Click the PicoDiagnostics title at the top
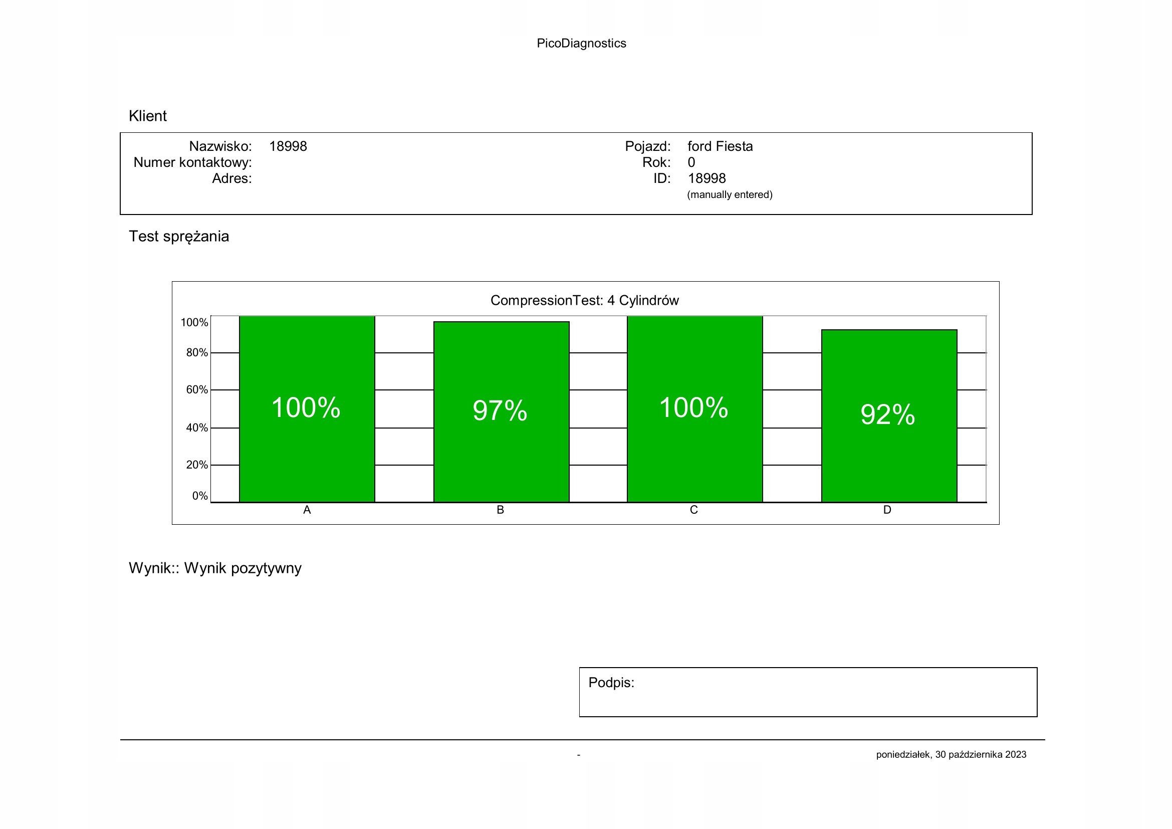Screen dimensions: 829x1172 coord(581,44)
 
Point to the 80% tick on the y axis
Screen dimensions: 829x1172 coord(196,353)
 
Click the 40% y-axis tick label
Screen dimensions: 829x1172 coord(196,428)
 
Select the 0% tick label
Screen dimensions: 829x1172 coord(199,496)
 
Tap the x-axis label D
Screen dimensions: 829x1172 coord(887,510)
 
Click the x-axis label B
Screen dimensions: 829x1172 coord(500,510)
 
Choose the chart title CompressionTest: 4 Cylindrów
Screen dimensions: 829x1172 coord(584,300)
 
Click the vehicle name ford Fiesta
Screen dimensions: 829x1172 coord(720,146)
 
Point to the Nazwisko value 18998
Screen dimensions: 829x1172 coord(288,146)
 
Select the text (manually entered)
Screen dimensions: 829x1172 coord(730,194)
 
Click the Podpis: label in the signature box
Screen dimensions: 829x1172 coord(611,683)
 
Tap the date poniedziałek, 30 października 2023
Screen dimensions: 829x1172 coord(951,754)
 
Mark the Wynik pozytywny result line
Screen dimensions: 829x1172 coord(215,568)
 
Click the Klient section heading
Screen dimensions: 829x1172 coord(147,116)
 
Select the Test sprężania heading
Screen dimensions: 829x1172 coord(179,237)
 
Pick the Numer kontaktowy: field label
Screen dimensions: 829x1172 coord(192,162)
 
